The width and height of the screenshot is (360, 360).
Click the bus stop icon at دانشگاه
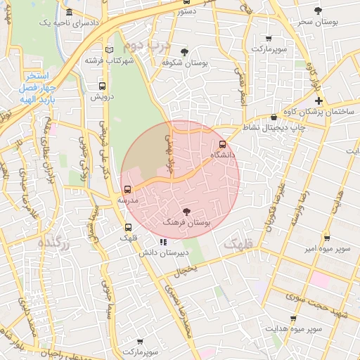pos(223,145)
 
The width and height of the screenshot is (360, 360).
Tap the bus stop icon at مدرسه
pos(127,189)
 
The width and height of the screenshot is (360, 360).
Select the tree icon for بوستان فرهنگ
pos(186,211)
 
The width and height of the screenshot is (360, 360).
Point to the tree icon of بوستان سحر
pos(319,11)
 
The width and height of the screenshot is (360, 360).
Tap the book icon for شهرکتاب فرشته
pos(108,49)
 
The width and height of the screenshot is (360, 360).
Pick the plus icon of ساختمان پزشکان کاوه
pos(318,101)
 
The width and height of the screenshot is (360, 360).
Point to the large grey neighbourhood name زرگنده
pos(53,243)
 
